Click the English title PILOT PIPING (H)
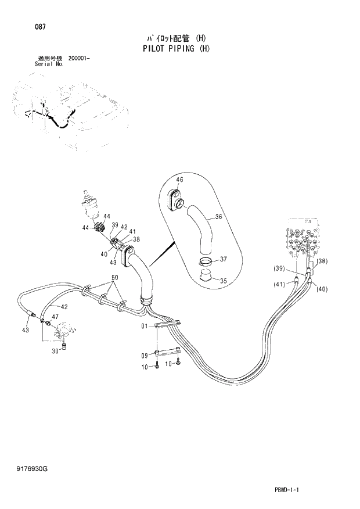(x=175, y=49)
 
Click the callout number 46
(x=179, y=180)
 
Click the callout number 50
(x=115, y=278)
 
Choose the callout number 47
(x=55, y=317)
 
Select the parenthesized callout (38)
(x=323, y=261)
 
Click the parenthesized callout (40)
(x=322, y=289)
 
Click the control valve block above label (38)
(x=303, y=239)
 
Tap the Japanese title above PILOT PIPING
(x=175, y=38)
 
